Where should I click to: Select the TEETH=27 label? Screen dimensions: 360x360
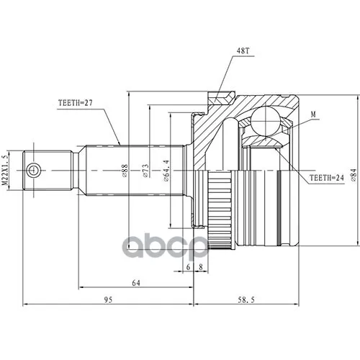pyautogui.click(x=76, y=103)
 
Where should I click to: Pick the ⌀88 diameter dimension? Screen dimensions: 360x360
pyautogui.click(x=125, y=171)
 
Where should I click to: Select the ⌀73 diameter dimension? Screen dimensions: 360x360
pyautogui.click(x=146, y=171)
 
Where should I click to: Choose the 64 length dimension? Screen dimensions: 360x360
pyautogui.click(x=135, y=282)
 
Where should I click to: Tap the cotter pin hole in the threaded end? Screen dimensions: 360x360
pyautogui.click(x=34, y=171)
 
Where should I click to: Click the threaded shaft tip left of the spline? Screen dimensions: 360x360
pyautogui.click(x=48, y=171)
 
